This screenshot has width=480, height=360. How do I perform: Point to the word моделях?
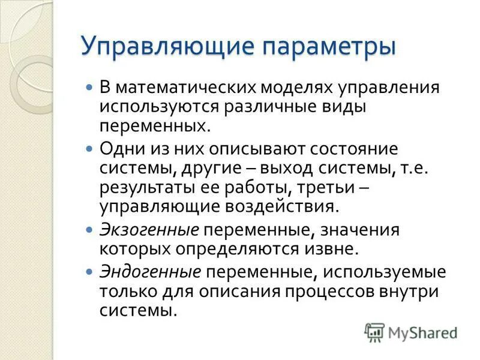click(297, 88)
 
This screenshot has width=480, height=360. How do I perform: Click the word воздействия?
click(282, 206)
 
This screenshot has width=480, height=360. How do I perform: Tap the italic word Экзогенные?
click(149, 230)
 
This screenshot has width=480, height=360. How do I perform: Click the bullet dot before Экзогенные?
click(90, 230)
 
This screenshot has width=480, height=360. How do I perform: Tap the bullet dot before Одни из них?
click(90, 148)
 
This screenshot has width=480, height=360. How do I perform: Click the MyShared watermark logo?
click(411, 332)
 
